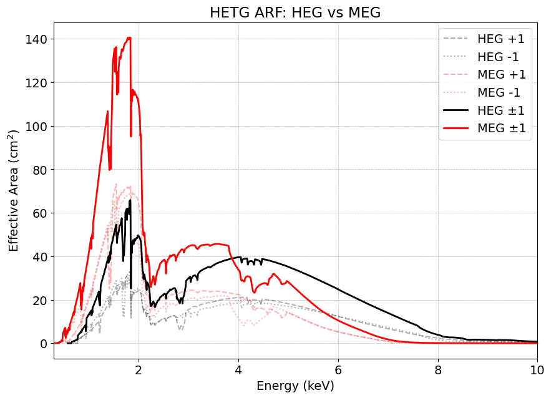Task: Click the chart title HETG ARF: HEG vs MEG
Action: [x=295, y=12]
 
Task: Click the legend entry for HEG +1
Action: [x=500, y=39]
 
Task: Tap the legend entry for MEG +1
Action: [x=501, y=75]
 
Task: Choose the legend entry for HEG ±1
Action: [x=501, y=111]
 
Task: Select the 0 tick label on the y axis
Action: [x=43, y=344]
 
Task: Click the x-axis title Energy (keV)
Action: [x=295, y=386]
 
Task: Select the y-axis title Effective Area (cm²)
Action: [x=14, y=191]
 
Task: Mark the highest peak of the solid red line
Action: [x=129, y=38]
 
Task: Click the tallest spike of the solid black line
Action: [x=130, y=201]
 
